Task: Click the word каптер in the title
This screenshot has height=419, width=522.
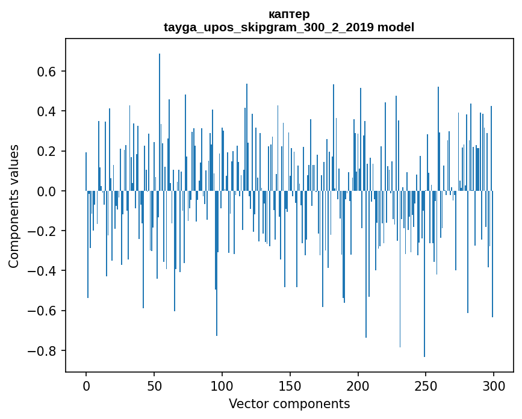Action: tap(289, 14)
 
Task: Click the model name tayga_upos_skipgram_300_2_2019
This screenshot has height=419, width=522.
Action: tap(266, 27)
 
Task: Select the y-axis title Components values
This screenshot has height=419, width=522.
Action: tap(14, 206)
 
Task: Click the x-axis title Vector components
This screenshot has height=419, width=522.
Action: tap(289, 404)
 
